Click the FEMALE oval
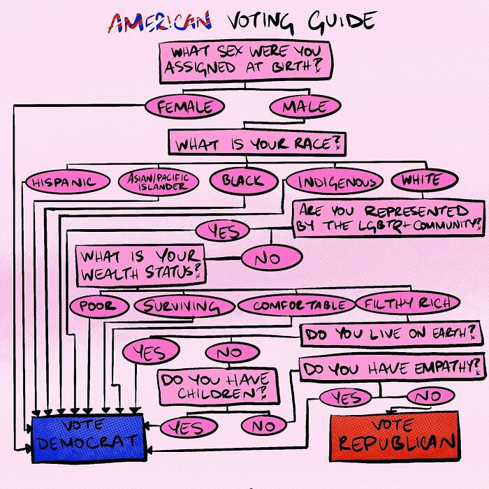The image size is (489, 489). click(x=184, y=108)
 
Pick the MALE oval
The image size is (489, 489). click(x=305, y=108)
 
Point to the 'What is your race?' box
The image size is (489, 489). click(x=257, y=145)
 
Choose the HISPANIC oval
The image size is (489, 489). click(x=67, y=183)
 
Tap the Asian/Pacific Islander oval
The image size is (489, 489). click(x=158, y=183)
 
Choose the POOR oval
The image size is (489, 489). click(x=98, y=306)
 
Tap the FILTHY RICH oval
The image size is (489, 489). click(x=408, y=304)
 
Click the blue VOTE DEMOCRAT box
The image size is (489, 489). click(x=88, y=437)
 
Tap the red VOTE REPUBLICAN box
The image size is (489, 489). click(x=395, y=437)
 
